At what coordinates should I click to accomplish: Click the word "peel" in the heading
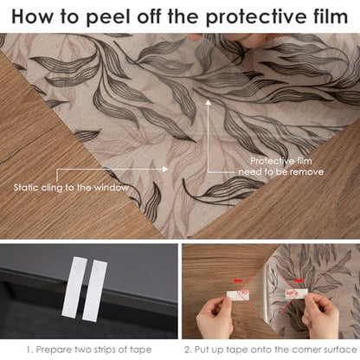[x=108, y=17]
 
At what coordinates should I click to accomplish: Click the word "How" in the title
[x=32, y=16]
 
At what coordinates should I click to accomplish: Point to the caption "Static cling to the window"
[x=71, y=188]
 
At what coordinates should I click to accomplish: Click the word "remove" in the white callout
[x=306, y=172]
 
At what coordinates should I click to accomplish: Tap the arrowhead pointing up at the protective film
[x=208, y=102]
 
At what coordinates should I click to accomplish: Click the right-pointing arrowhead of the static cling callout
[x=164, y=169]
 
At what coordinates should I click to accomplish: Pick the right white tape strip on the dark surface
[x=94, y=291]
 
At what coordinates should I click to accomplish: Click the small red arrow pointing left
[x=238, y=280]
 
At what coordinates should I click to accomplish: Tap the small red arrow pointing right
[x=299, y=280]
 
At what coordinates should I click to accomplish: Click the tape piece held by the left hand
[x=238, y=294]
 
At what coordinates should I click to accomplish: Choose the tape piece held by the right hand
[x=296, y=293]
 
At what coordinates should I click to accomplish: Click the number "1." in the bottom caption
[x=30, y=350]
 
